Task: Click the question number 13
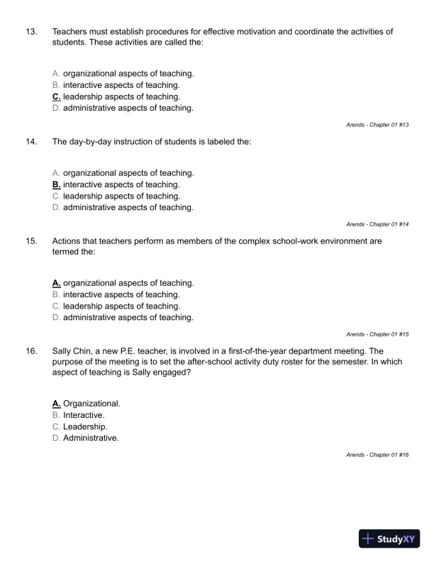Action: point(31,32)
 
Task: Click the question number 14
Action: point(31,142)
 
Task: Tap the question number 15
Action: point(31,241)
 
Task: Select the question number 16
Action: point(31,351)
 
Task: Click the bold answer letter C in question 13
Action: point(57,97)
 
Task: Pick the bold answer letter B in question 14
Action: point(57,184)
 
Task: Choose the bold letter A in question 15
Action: point(57,283)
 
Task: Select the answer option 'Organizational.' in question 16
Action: point(91,404)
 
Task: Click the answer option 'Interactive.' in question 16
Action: point(84,415)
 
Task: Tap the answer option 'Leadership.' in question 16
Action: point(85,426)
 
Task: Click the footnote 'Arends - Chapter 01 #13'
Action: point(377,125)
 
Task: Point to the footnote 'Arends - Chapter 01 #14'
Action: point(377,224)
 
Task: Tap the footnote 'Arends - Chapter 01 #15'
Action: point(377,334)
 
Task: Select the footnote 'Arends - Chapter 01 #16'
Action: point(377,454)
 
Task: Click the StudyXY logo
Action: point(390,539)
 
